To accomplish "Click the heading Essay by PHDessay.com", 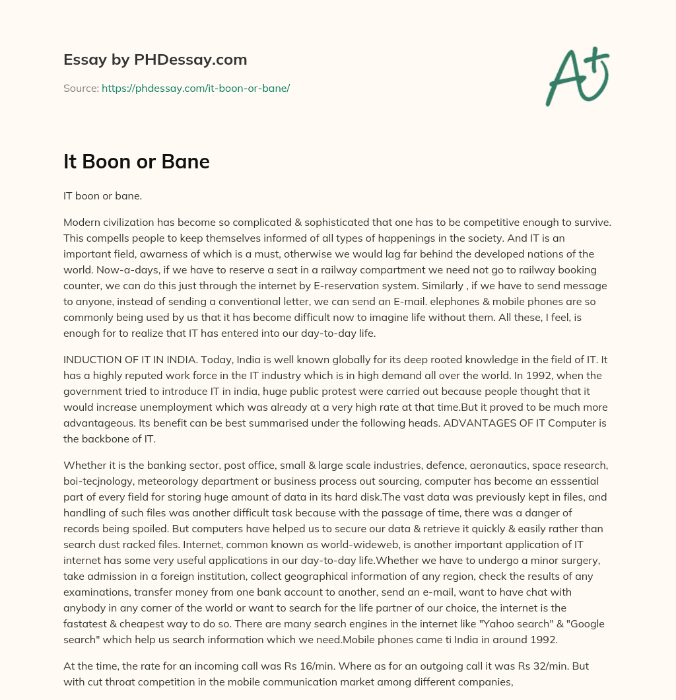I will (155, 60).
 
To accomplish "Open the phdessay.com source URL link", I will (195, 88).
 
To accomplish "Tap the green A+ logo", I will (577, 76).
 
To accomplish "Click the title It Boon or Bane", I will (137, 162).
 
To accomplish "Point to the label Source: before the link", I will (81, 88).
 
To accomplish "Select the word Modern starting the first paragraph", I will (82, 223).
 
